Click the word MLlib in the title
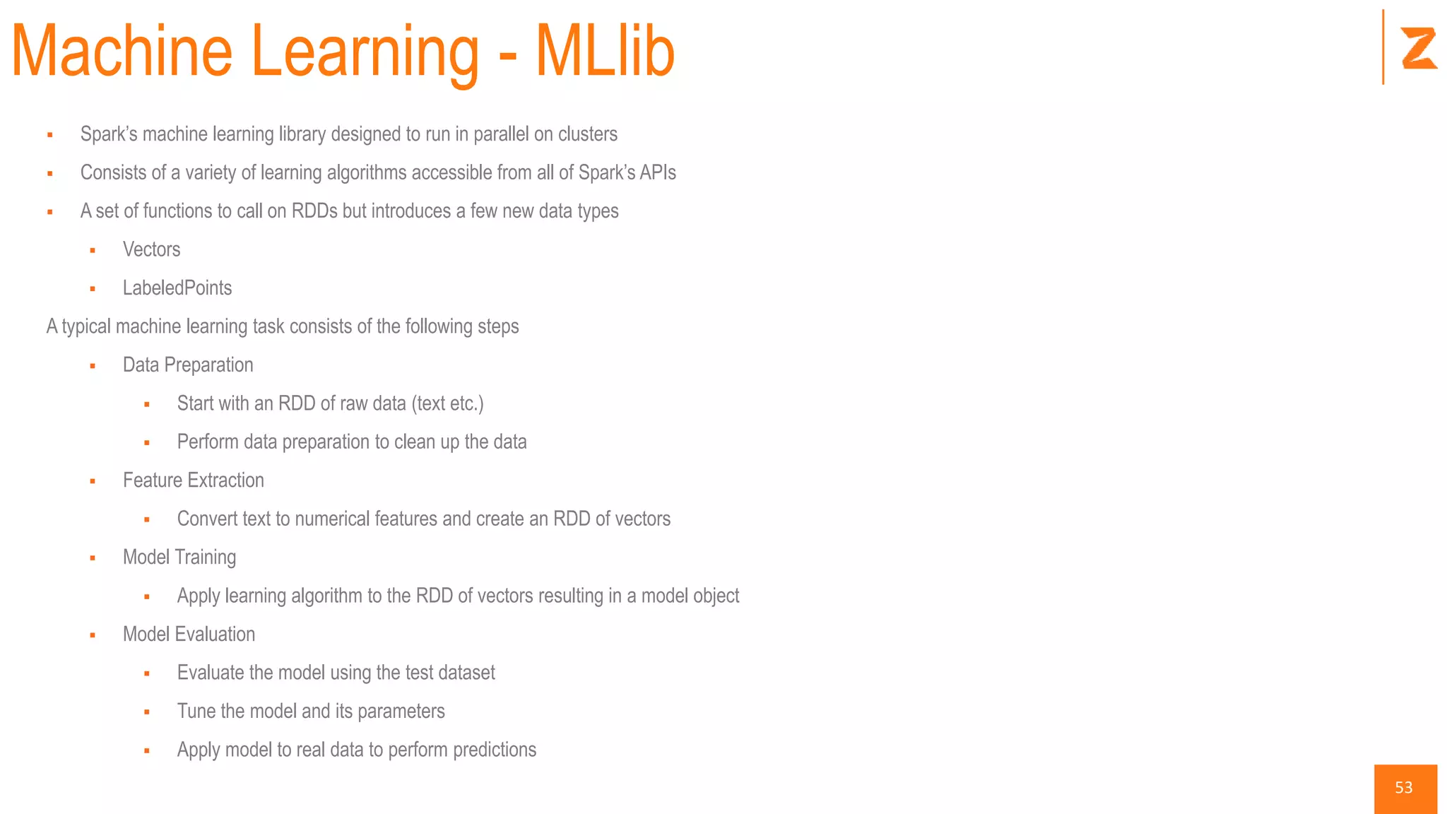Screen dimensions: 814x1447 coord(605,51)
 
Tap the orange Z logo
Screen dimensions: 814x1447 coord(1419,48)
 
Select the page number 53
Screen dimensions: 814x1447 coord(1404,788)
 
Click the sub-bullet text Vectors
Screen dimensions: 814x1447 coord(151,249)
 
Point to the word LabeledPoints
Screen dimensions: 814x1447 coord(177,288)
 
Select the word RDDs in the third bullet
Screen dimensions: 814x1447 coord(314,211)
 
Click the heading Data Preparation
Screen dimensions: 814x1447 coord(188,365)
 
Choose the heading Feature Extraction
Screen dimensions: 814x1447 coord(193,480)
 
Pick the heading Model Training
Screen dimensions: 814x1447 coord(179,558)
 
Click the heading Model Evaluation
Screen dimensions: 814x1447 coord(189,635)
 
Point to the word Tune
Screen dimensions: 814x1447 coord(196,711)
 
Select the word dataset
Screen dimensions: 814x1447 coord(466,673)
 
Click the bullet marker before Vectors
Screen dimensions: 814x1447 coord(93,250)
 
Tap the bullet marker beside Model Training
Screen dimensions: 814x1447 coord(93,558)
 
